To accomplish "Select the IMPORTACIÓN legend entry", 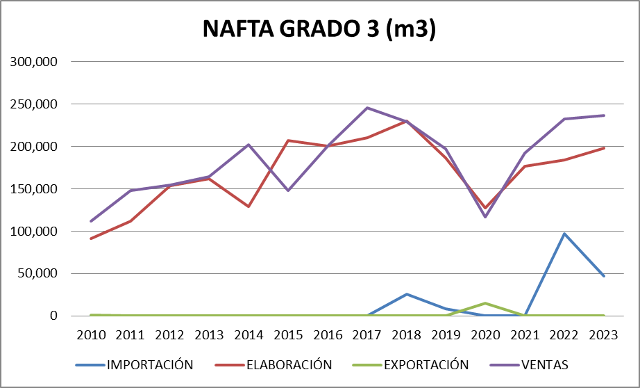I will click(149, 364).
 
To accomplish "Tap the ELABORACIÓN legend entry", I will click(288, 364).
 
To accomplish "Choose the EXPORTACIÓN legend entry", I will click(426, 364).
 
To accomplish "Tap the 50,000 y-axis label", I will click(37, 273).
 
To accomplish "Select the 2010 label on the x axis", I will click(91, 334).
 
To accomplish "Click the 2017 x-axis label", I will click(367, 334).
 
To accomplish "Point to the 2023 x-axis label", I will click(604, 334).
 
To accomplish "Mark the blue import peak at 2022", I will click(564, 234).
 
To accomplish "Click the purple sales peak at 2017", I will click(367, 108).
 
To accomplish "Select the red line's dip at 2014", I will click(249, 207).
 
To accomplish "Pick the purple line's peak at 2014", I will click(249, 145).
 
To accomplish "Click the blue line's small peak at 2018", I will click(407, 294).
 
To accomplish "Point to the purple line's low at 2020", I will click(486, 217).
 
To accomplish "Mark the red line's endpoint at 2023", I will click(604, 148).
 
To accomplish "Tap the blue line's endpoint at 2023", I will click(604, 276).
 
